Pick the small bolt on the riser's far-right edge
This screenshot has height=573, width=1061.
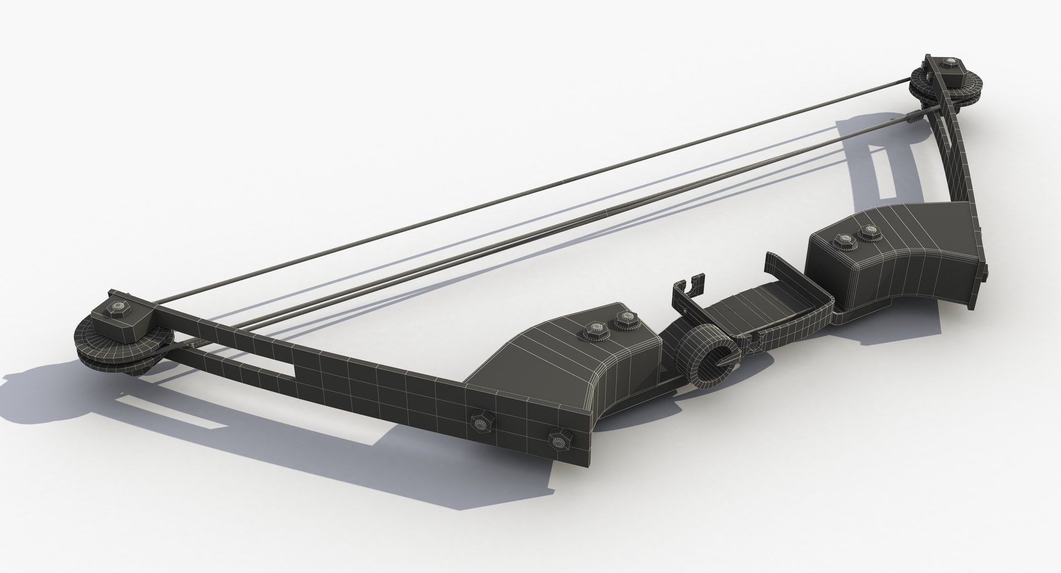pos(986,271)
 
